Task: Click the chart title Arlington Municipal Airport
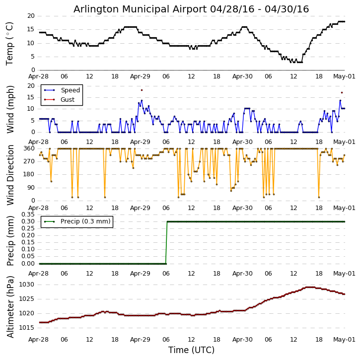(191, 9)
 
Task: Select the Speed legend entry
(70, 90)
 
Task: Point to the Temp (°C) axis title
(10, 43)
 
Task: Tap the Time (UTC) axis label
(191, 350)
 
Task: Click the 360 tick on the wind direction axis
(29, 148)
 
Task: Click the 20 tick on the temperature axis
(31, 16)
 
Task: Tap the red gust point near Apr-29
(142, 90)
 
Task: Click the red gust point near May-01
(342, 92)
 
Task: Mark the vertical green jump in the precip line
(166, 242)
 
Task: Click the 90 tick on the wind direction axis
(31, 187)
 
